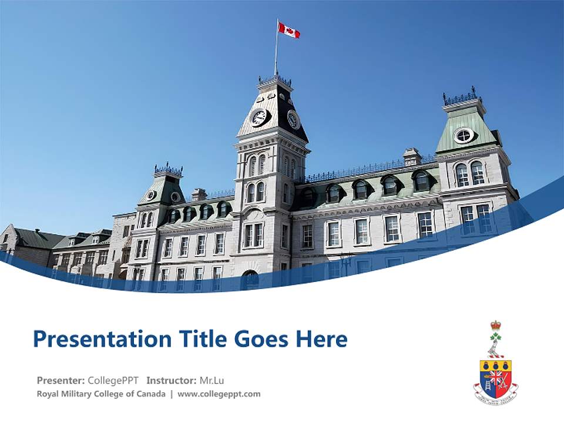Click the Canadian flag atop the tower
(x=288, y=30)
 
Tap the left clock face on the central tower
(x=258, y=117)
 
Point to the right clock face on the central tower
(x=293, y=119)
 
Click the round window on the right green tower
(x=464, y=135)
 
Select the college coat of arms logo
(x=496, y=364)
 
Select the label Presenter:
(x=61, y=380)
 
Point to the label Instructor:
(x=171, y=380)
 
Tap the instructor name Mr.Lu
(x=211, y=380)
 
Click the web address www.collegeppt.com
(x=219, y=394)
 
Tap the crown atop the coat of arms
(x=496, y=325)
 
